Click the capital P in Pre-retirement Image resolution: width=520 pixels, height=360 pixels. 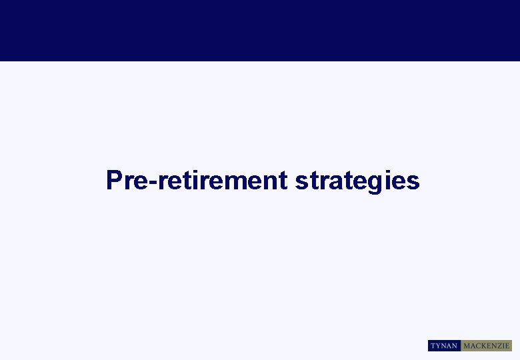click(114, 180)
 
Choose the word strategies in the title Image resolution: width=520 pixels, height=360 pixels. click(357, 181)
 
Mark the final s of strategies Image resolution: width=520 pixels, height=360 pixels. click(414, 181)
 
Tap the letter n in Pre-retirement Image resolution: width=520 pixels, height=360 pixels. click(270, 181)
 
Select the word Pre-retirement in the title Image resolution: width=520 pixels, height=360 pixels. click(197, 181)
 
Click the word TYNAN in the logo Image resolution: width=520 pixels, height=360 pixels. click(444, 346)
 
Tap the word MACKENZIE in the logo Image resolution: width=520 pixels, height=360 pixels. click(487, 346)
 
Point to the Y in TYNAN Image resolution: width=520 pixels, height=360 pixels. click(439, 346)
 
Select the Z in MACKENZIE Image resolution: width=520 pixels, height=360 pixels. click(500, 346)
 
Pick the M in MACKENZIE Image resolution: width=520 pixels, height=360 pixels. click(467, 346)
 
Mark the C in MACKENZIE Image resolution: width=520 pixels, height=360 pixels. click(478, 346)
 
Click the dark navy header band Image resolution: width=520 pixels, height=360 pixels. click(260, 30)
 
